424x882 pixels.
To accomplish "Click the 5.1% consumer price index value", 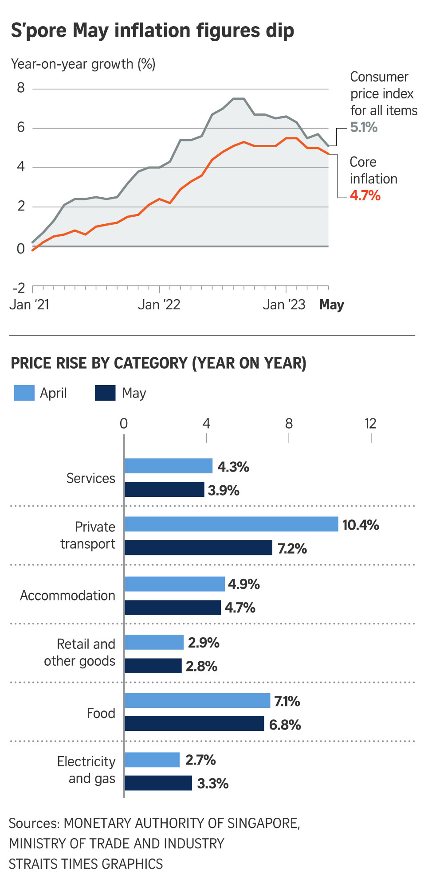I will (364, 128).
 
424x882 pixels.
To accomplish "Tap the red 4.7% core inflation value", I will (365, 195).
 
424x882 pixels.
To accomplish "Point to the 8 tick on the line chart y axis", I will (21, 88).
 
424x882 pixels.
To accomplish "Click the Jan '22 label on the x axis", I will (159, 305).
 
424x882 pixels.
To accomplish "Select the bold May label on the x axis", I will (331, 305).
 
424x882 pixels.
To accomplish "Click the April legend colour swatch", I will (24, 393).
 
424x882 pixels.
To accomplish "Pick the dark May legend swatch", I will (105, 393).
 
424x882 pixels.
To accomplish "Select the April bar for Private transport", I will (231, 524).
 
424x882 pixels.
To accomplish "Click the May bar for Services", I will (164, 490).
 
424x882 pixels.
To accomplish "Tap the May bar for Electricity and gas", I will (158, 783).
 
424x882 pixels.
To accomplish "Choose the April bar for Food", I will (197, 701).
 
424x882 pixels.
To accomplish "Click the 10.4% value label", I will (361, 525).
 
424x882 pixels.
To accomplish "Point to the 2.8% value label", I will (201, 667).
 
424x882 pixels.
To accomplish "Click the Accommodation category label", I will (67, 596).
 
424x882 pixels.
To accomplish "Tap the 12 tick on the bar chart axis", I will (370, 424).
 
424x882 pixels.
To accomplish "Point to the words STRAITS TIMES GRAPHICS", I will (86, 864).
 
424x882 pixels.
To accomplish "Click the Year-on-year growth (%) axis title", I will (83, 64).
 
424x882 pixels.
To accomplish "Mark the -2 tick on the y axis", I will (19, 289).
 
